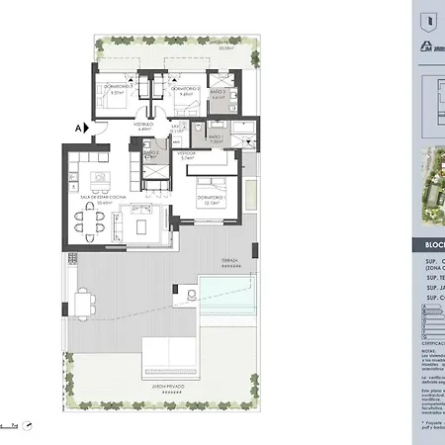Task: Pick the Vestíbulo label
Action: pos(144,126)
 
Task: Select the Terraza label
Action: pos(229,263)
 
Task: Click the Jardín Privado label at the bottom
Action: pos(174,389)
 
